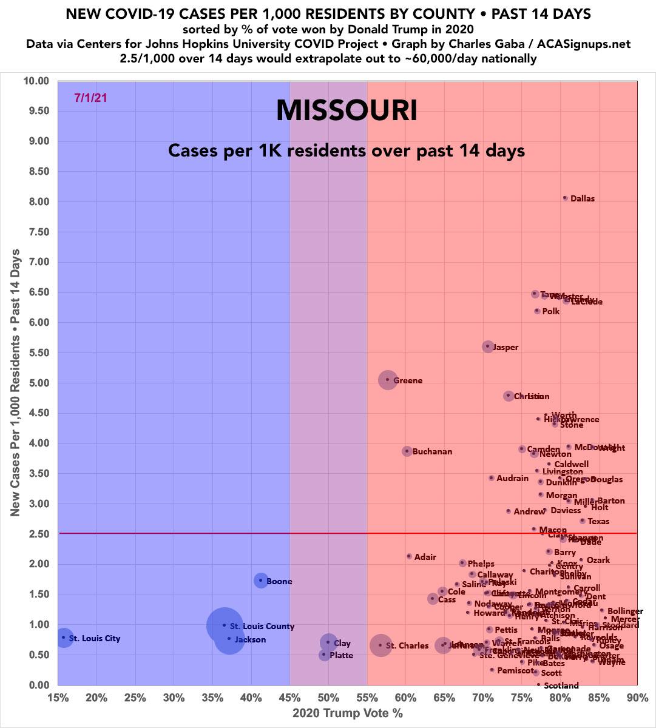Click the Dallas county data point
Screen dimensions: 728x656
point(565,198)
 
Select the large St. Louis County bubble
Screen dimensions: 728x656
point(225,625)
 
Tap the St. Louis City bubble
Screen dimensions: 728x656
point(64,637)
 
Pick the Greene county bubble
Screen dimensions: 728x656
point(388,380)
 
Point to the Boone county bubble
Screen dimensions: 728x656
point(261,581)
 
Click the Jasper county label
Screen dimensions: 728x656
point(506,348)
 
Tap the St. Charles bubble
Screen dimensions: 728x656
point(380,645)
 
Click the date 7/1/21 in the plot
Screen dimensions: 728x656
point(90,98)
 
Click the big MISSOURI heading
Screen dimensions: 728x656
point(347,111)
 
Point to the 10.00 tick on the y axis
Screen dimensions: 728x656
point(36,81)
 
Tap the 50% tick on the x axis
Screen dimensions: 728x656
point(328,696)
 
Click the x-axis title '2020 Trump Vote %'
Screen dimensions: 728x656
point(348,713)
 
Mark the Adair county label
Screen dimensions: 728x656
point(425,557)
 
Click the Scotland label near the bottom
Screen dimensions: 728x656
point(561,686)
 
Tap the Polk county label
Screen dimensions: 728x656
point(551,312)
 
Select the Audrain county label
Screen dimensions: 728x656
point(512,479)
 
